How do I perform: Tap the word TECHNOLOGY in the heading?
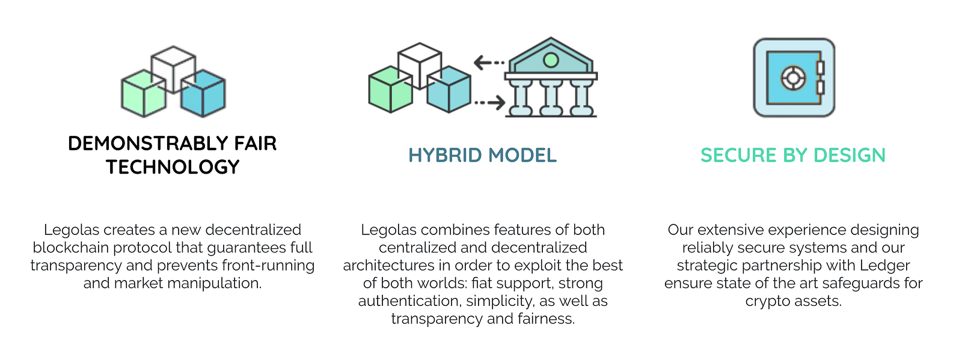pyautogui.click(x=173, y=167)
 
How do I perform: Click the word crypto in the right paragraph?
pyautogui.click(x=766, y=301)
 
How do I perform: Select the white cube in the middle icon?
pyautogui.click(x=420, y=63)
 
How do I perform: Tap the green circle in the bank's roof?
pyautogui.click(x=550, y=59)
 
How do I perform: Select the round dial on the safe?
pyautogui.click(x=792, y=78)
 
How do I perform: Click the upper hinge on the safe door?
pyautogui.click(x=820, y=67)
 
